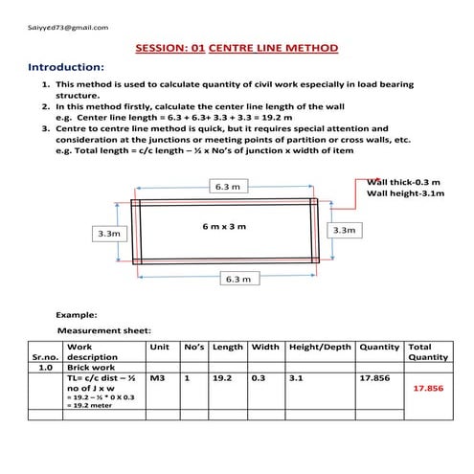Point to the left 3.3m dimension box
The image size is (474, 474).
(108, 233)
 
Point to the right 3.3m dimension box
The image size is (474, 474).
(343, 230)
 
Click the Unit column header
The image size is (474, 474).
(160, 346)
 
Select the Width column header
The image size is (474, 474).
(265, 346)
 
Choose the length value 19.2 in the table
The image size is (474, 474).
(222, 379)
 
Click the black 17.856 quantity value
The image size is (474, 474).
(374, 379)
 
